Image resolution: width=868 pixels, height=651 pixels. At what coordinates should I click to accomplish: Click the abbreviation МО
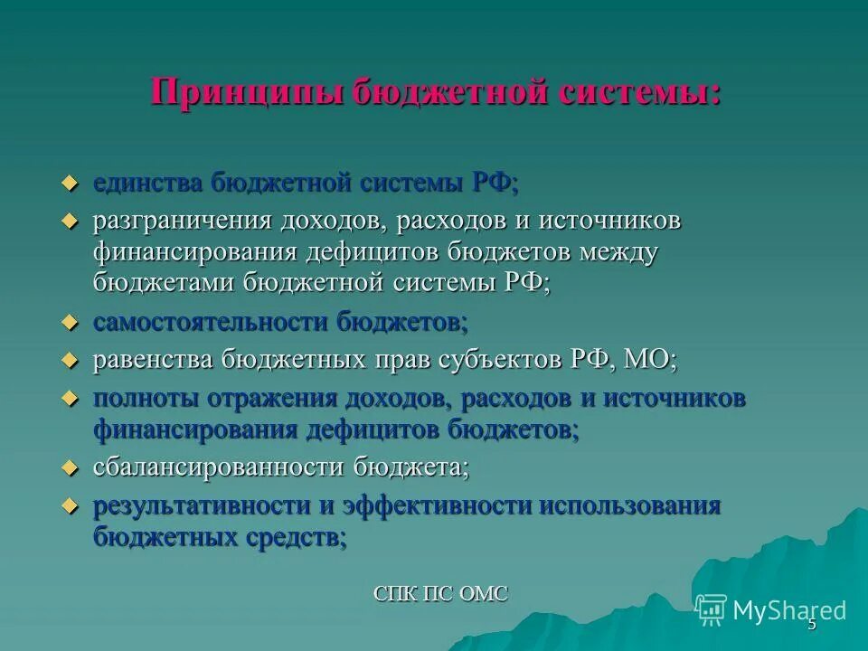coord(646,360)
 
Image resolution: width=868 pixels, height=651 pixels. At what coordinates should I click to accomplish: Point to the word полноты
coord(145,399)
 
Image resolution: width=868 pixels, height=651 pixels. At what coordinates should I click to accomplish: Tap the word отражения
coord(269,399)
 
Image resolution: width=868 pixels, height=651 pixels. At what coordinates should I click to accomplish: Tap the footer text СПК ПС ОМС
coord(441,594)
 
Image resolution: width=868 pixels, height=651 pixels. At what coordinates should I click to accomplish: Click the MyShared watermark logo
coord(771,609)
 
